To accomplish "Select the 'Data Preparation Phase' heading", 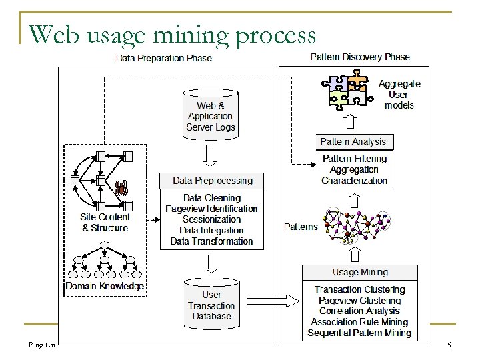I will pos(164,58).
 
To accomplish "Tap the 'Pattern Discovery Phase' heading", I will pos(361,58).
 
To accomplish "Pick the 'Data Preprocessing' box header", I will pos(213,180).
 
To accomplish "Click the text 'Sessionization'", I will pos(212,219).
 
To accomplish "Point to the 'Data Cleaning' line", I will pos(212,198).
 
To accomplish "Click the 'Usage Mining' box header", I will pos(360,272).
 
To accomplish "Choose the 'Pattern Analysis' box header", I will pos(353,142).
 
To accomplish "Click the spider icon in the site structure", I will pos(122,187).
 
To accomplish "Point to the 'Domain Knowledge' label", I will pos(104,286).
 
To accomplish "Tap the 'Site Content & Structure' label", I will pos(104,222).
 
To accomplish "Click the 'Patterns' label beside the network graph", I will pos(300,227).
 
